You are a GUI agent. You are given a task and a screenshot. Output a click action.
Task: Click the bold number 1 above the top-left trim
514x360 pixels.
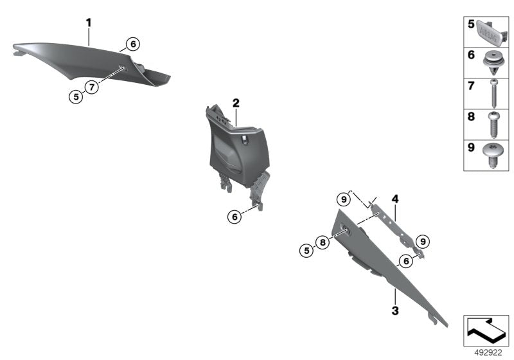coord(89,23)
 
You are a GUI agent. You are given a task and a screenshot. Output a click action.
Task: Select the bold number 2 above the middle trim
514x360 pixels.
coord(236,104)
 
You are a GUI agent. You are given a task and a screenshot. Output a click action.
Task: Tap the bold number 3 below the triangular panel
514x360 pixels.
coord(395,310)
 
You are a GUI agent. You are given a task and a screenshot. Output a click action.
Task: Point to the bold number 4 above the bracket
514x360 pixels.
coord(395,199)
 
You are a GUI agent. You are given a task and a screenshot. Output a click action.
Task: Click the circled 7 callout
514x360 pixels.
coord(92,87)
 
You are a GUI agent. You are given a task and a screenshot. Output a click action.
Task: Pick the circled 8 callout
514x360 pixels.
coord(323,242)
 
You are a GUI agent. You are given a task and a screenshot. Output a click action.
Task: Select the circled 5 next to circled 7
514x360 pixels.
coord(76,97)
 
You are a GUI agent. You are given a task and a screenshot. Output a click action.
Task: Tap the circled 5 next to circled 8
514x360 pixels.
coord(306,251)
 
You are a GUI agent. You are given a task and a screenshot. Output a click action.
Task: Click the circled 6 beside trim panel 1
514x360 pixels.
coord(133,44)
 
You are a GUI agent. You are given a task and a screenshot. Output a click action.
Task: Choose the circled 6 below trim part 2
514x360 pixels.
coord(235,217)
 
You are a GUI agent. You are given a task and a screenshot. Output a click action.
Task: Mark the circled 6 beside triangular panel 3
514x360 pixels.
coord(406,261)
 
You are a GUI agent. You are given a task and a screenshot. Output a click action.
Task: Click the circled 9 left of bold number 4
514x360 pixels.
coord(344,199)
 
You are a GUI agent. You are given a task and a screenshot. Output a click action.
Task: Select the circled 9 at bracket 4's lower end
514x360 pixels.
coord(423,242)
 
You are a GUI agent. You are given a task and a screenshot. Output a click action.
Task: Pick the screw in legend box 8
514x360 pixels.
coord(493,125)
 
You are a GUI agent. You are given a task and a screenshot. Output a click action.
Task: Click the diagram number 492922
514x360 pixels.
coord(488,353)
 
